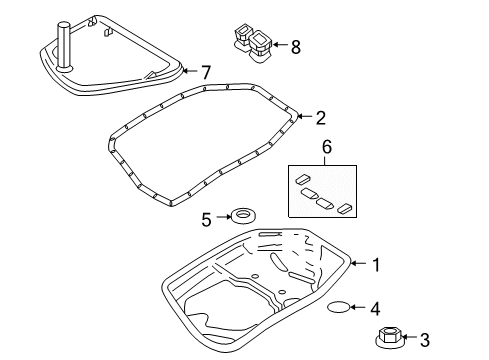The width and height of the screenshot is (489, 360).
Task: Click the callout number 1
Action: tap(376, 265)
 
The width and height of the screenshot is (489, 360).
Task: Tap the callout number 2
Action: tap(321, 118)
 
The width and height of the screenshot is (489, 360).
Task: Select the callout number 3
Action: tap(424, 341)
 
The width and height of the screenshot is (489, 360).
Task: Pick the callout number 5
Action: tap(207, 217)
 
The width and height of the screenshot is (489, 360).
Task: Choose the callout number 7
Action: tap(206, 72)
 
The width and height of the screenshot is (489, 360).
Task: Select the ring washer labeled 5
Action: tap(241, 215)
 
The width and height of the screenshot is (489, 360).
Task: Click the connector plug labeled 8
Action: tap(251, 40)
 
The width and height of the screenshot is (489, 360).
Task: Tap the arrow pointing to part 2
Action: tap(303, 118)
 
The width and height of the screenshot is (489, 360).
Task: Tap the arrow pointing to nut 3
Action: tap(407, 341)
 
